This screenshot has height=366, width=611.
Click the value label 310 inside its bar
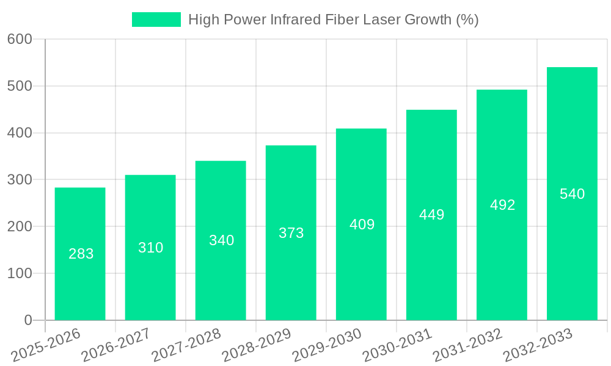150,248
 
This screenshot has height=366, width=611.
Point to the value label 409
362,224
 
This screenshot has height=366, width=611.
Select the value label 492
502,205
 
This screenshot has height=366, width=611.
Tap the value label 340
221,240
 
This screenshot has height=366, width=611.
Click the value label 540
572,194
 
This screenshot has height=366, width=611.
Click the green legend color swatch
156,20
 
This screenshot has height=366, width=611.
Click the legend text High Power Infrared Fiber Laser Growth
333,20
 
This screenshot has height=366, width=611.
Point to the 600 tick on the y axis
20,39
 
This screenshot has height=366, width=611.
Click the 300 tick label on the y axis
20,179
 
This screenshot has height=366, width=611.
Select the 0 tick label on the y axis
28,320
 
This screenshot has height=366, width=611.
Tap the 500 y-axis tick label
20,86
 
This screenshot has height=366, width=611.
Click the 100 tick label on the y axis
20,273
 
